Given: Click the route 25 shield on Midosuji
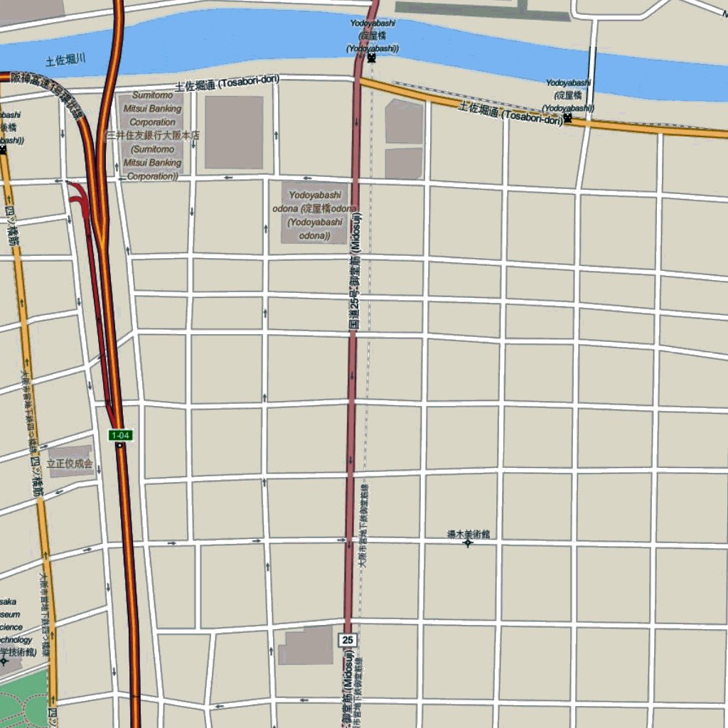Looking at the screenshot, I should click(348, 640).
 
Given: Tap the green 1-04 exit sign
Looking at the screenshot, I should click(120, 435).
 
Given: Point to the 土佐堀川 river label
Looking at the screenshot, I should click(65, 60).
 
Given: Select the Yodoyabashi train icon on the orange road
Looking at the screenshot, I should click(567, 118).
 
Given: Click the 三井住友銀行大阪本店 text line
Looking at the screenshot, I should click(153, 135).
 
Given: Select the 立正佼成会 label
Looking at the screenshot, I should click(70, 463).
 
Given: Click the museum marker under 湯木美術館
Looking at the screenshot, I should click(468, 544).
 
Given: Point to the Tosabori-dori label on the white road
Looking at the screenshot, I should click(227, 83).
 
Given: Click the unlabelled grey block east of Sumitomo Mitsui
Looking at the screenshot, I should click(234, 132).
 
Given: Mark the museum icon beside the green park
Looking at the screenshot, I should click(4, 661).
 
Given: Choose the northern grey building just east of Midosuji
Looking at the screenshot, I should click(404, 122).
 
